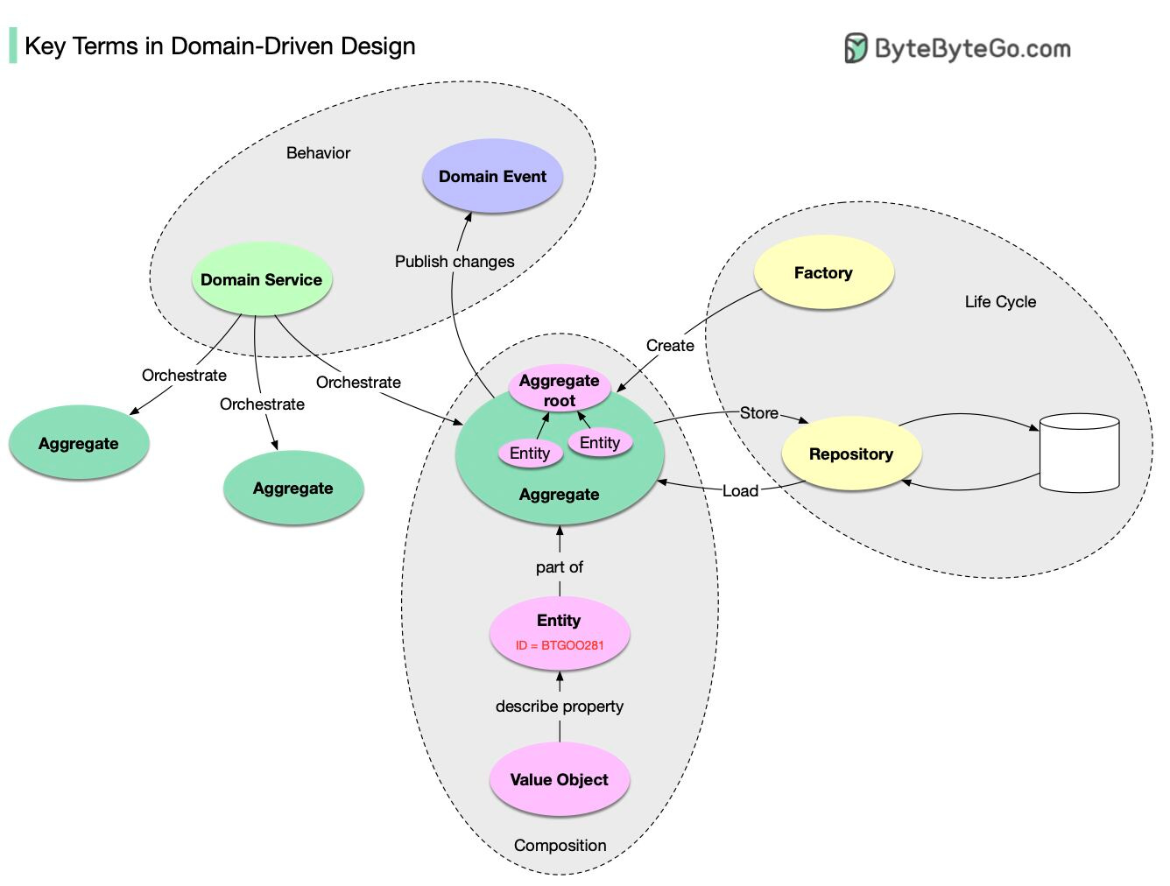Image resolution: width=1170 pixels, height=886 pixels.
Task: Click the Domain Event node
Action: click(492, 176)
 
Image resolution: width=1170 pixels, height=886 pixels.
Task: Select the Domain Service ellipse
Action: click(261, 280)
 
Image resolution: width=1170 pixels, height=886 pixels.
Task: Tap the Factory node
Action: click(823, 273)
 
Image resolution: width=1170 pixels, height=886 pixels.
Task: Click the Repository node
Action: click(850, 454)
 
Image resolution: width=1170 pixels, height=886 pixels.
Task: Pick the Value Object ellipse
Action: click(559, 780)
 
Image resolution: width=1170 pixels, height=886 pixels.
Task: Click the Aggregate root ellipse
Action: click(559, 390)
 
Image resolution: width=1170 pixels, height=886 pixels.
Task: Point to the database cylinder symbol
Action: click(1079, 453)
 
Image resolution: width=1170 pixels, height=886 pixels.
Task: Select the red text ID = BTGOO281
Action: click(559, 646)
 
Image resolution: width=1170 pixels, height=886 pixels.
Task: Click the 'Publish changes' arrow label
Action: click(455, 262)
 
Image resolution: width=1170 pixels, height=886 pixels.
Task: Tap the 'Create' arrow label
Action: click(670, 346)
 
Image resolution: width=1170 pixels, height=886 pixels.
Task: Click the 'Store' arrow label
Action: click(758, 413)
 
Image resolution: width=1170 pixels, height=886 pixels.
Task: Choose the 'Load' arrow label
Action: click(740, 491)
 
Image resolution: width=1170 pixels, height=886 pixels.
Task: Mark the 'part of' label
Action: click(559, 567)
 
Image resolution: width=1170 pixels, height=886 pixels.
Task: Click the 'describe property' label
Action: click(559, 707)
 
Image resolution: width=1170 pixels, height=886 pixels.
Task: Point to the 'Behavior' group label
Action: click(318, 153)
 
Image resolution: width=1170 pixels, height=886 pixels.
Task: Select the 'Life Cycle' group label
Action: click(1000, 302)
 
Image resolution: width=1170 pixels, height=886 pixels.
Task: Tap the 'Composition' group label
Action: click(560, 846)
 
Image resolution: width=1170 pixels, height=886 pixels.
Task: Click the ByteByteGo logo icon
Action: click(856, 48)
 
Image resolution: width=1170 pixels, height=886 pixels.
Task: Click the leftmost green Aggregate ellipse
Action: click(79, 444)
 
